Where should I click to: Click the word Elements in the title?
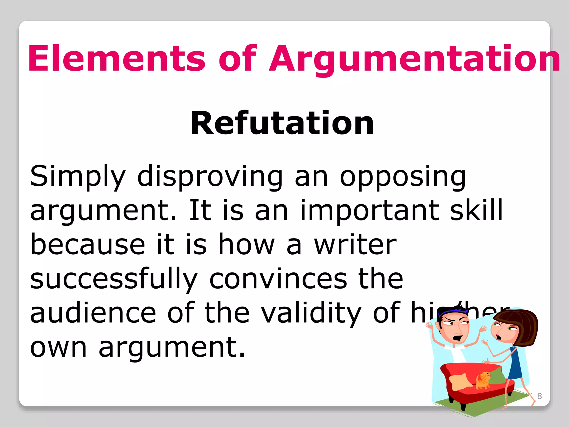117,58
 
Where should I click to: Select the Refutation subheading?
282,123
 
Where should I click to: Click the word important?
370,210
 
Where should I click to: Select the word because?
88,245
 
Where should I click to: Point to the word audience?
93,313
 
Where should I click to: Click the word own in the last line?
58,347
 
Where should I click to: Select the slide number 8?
540,396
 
